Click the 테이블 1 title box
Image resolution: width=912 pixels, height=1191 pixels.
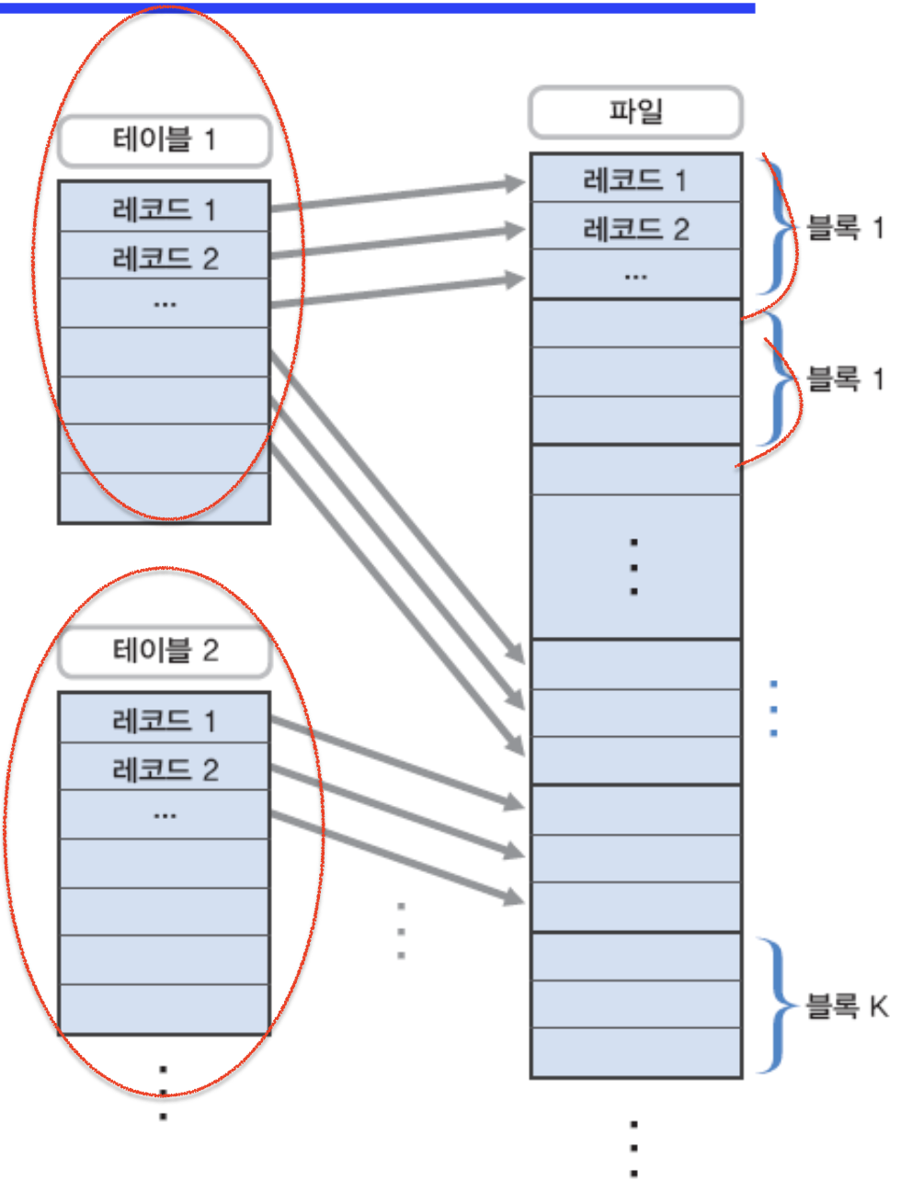(165, 141)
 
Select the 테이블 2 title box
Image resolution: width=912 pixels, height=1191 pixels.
(165, 652)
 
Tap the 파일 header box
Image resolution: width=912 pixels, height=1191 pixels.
(635, 112)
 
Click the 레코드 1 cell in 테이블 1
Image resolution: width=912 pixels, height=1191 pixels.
(165, 209)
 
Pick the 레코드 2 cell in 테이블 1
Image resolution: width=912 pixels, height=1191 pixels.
(165, 257)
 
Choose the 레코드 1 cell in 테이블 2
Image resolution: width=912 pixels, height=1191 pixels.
(165, 720)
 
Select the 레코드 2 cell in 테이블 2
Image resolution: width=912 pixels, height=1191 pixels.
(165, 768)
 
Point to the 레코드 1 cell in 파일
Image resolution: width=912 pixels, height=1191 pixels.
(635, 179)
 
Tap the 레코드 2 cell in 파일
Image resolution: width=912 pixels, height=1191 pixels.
(635, 228)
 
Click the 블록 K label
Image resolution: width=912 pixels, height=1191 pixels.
(847, 1006)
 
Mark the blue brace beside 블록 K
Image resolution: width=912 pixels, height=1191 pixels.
(775, 1004)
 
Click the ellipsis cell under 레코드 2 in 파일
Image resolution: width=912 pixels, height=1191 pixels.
(635, 275)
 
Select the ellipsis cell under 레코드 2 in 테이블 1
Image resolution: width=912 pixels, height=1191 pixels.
(165, 303)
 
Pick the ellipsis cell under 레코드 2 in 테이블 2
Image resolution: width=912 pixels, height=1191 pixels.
(165, 815)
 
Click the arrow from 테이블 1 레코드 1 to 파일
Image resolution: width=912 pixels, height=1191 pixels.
(395, 195)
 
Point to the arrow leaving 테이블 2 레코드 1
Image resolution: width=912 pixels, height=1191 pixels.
(395, 763)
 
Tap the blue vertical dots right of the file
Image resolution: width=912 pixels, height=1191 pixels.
(774, 709)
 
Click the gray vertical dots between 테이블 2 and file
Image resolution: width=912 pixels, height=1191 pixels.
(401, 931)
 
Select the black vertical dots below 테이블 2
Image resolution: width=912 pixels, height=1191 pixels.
(164, 1093)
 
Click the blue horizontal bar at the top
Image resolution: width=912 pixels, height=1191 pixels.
(377, 7)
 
